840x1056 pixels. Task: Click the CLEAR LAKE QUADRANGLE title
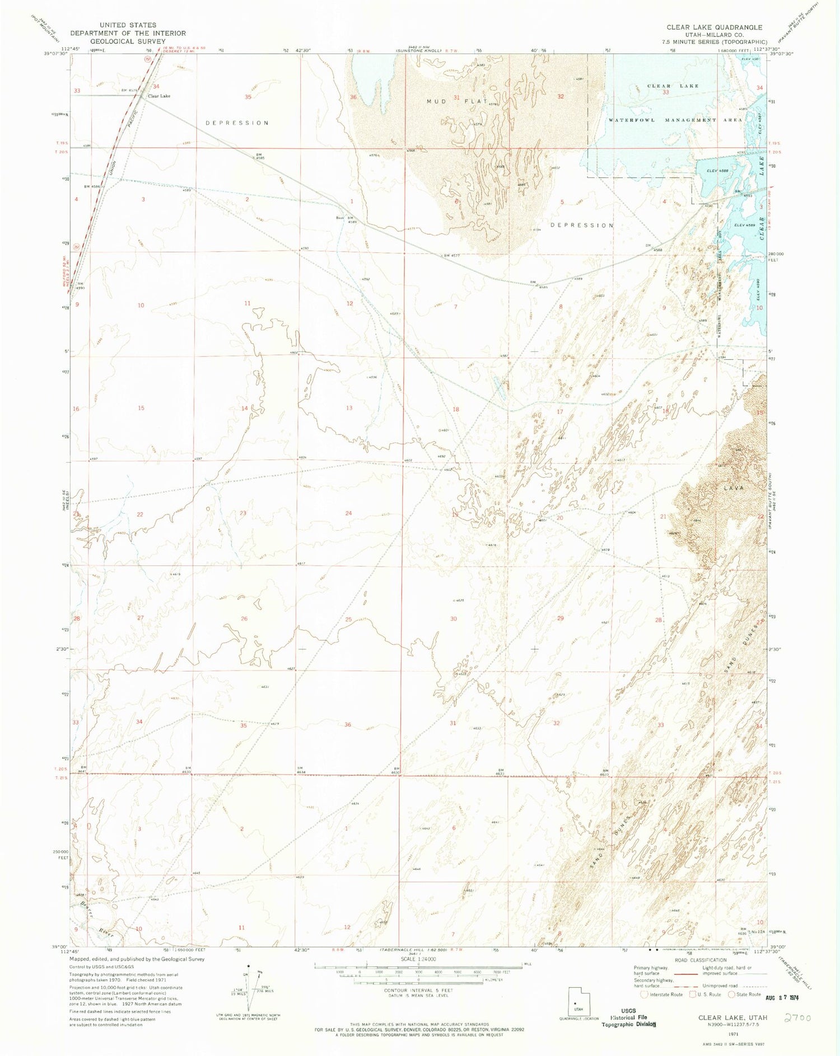[714, 27]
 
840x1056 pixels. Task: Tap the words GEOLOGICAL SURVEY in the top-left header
[128, 41]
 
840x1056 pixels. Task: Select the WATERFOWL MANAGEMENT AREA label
[675, 120]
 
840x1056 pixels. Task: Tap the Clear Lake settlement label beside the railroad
[159, 96]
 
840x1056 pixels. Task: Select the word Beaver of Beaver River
[86, 911]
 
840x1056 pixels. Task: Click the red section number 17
[559, 411]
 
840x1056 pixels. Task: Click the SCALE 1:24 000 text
[418, 959]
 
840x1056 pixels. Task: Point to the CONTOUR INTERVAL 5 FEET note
[418, 990]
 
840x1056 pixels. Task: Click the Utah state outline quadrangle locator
[578, 999]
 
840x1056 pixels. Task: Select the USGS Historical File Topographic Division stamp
[629, 1020]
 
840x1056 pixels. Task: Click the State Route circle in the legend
[731, 994]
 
